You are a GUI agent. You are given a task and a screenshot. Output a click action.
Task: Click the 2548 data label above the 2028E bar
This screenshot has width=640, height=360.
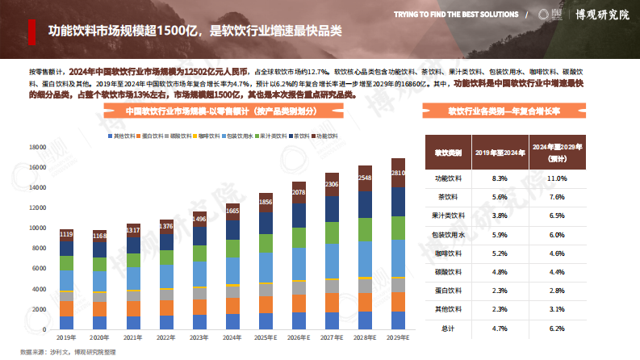point(365,178)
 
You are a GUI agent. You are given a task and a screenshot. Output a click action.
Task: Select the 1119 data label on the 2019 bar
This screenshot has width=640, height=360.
point(66,234)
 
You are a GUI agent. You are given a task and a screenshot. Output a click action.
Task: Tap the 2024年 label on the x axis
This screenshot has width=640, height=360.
point(232,337)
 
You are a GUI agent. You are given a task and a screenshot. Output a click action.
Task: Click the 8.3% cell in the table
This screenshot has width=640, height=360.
point(498,178)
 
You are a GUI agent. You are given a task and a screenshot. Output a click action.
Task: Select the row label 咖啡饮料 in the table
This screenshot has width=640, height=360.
point(449,253)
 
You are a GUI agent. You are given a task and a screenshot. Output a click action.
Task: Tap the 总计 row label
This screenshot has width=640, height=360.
point(449,329)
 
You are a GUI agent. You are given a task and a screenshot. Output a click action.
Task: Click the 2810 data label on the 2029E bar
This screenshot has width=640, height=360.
point(398,173)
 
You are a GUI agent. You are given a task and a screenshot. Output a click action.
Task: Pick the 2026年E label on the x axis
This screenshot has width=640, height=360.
point(299,337)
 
